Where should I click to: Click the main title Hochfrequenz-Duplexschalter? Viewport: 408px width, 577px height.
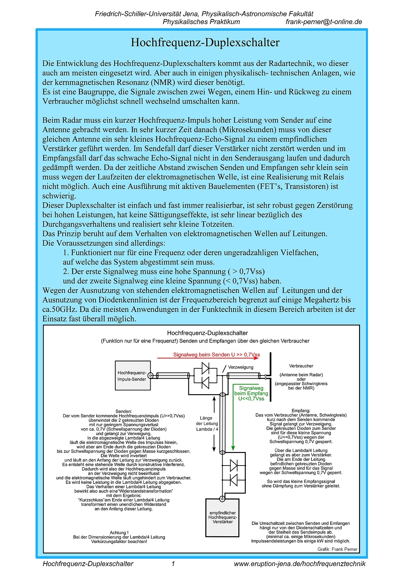(x=205, y=42)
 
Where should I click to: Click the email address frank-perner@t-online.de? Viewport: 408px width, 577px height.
(x=324, y=22)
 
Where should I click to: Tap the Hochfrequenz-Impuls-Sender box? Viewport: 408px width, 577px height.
(x=132, y=376)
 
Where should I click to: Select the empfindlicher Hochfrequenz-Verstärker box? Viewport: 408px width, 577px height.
(x=222, y=517)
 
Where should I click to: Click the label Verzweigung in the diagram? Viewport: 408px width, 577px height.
(x=240, y=367)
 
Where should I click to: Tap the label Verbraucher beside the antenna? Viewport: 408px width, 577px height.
(x=301, y=366)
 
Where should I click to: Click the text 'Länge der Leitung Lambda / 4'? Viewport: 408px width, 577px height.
(x=207, y=423)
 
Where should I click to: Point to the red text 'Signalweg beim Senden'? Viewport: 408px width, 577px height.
(x=216, y=354)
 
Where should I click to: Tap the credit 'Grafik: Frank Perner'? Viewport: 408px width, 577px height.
(x=337, y=549)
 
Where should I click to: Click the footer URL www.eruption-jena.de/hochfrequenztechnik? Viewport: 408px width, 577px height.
(x=300, y=564)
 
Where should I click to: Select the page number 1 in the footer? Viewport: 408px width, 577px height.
(x=173, y=564)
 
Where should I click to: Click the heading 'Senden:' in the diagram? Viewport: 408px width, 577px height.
(x=123, y=411)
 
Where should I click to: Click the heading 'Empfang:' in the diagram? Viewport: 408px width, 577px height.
(x=301, y=410)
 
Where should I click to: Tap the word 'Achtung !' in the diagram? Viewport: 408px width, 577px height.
(x=119, y=532)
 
